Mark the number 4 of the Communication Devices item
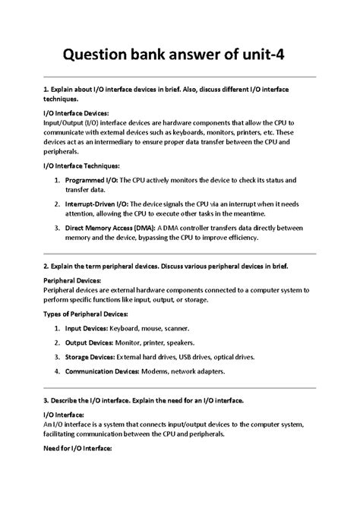pyautogui.click(x=58, y=372)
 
